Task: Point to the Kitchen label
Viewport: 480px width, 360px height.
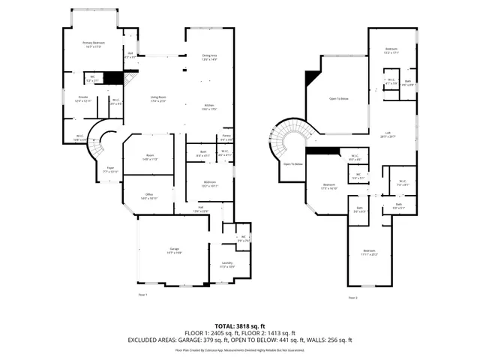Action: tap(209, 106)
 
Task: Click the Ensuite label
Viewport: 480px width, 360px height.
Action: tap(83, 98)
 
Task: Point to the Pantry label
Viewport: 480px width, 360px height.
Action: tap(226, 137)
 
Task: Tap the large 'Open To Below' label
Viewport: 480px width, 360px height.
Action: tap(340, 98)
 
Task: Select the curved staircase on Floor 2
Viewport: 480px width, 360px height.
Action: tap(287, 139)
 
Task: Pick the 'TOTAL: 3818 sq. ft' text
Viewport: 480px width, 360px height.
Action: tap(239, 325)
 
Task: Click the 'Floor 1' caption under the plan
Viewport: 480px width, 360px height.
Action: tap(142, 295)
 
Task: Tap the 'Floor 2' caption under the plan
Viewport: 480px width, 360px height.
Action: tap(352, 298)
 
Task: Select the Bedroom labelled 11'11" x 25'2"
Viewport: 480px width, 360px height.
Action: tap(369, 252)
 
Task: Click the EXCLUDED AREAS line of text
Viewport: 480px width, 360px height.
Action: tap(239, 340)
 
